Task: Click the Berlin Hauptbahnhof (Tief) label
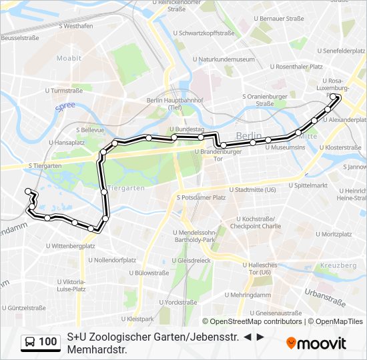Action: click(163, 104)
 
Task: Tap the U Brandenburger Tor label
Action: click(217, 155)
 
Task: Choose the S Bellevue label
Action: click(91, 130)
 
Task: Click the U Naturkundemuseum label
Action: click(224, 59)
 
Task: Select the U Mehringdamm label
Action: click(248, 295)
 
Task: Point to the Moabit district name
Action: click(69, 59)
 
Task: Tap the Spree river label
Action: click(65, 106)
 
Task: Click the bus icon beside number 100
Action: click(29, 342)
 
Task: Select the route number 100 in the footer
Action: click(48, 342)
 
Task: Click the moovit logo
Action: click(316, 343)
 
